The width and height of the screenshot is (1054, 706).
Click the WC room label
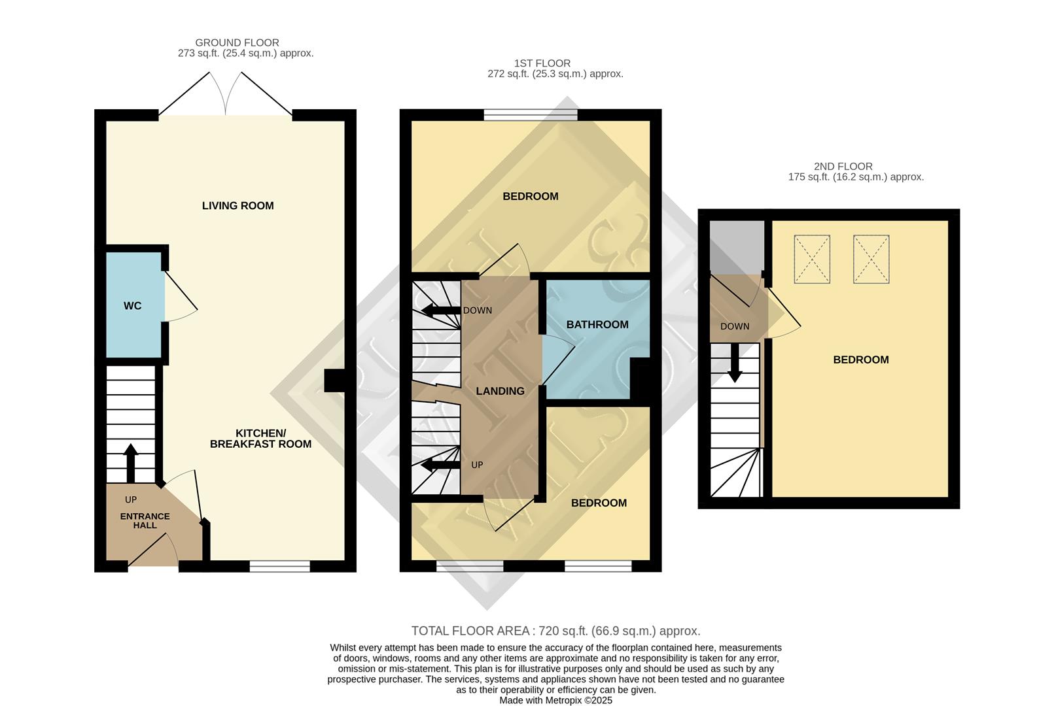pyautogui.click(x=132, y=306)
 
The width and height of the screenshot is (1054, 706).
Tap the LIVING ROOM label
pyautogui.click(x=237, y=206)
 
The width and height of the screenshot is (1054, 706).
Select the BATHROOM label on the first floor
pyautogui.click(x=597, y=325)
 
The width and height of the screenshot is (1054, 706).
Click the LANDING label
pyautogui.click(x=500, y=391)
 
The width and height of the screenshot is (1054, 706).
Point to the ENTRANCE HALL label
pyautogui.click(x=145, y=520)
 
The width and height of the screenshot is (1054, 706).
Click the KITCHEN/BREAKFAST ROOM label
pyautogui.click(x=260, y=439)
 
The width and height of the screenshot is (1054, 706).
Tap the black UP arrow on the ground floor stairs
pyautogui.click(x=130, y=462)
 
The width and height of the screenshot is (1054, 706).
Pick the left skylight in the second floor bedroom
pyautogui.click(x=811, y=259)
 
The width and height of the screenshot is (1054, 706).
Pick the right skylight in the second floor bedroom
pyautogui.click(x=871, y=259)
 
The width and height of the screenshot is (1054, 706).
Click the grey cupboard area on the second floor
pyautogui.click(x=736, y=246)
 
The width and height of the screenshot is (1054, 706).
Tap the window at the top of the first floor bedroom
pyautogui.click(x=531, y=115)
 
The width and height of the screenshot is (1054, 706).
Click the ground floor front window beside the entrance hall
pyautogui.click(x=279, y=566)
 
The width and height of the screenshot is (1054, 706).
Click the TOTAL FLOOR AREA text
pyautogui.click(x=555, y=631)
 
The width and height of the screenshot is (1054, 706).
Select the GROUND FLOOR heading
pyautogui.click(x=237, y=42)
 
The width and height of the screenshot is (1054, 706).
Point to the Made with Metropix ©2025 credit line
pyautogui.click(x=555, y=700)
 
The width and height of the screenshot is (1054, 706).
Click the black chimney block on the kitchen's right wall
pyautogui.click(x=334, y=381)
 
